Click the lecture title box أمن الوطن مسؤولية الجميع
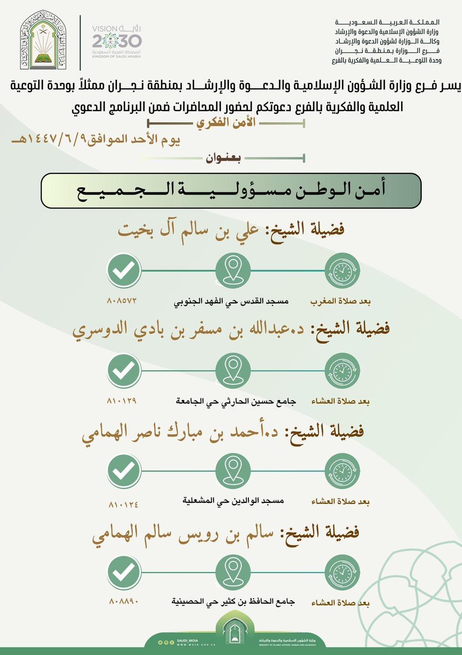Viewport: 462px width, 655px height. (231, 191)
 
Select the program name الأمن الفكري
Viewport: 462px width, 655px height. (226, 123)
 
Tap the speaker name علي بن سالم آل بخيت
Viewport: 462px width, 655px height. (231, 229)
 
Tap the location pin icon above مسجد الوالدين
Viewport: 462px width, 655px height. (233, 470)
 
